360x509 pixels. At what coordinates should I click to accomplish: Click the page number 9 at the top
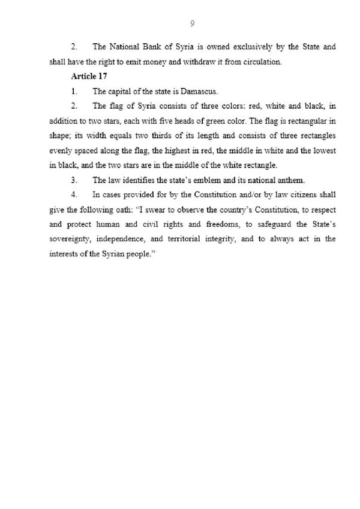tap(191, 23)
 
